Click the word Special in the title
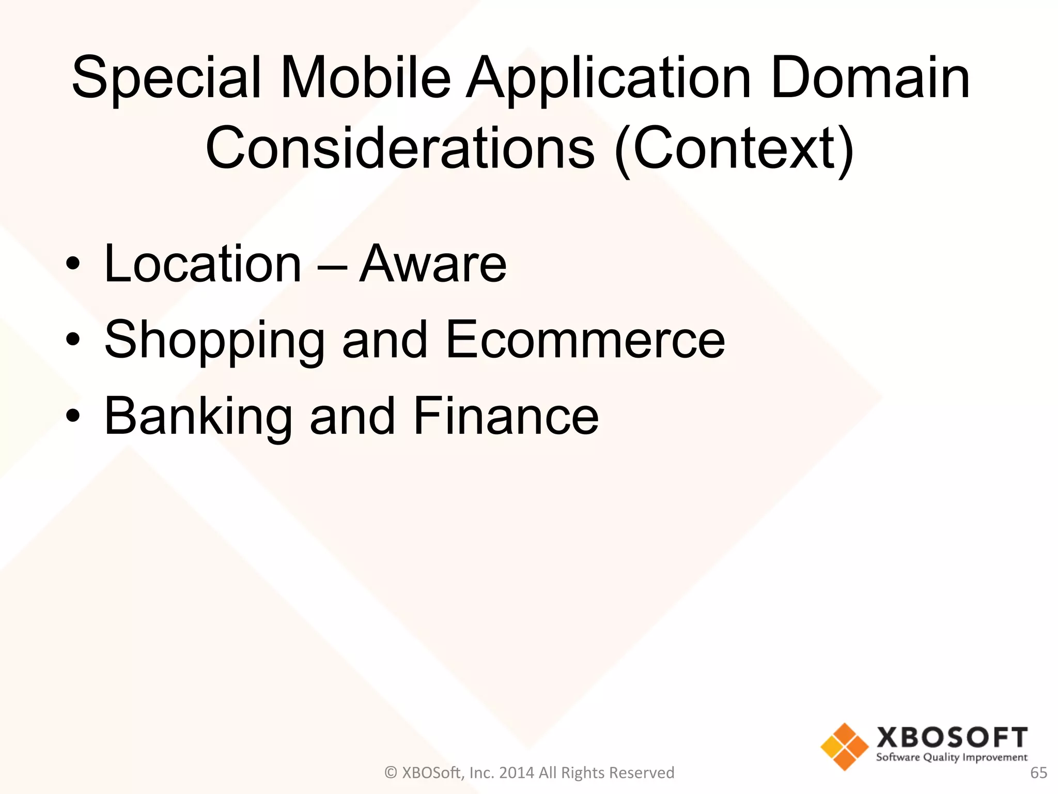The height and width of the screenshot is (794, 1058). pos(166,79)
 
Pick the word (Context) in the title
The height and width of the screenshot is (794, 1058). pos(734,150)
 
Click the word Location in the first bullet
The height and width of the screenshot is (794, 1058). pos(203,264)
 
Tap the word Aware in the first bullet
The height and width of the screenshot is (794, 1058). pos(433,264)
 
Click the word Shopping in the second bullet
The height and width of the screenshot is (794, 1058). pos(214,341)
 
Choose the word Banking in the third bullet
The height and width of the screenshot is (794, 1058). pos(198,418)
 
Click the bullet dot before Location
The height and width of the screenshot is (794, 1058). pos(73,264)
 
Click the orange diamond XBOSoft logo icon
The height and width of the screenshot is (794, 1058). pos(844,746)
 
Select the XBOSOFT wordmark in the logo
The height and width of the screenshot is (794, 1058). pos(952,737)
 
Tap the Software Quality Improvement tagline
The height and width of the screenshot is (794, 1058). pos(952,758)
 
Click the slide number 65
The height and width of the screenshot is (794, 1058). pos(1038,773)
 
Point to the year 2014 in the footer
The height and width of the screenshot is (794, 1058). pos(517,773)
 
